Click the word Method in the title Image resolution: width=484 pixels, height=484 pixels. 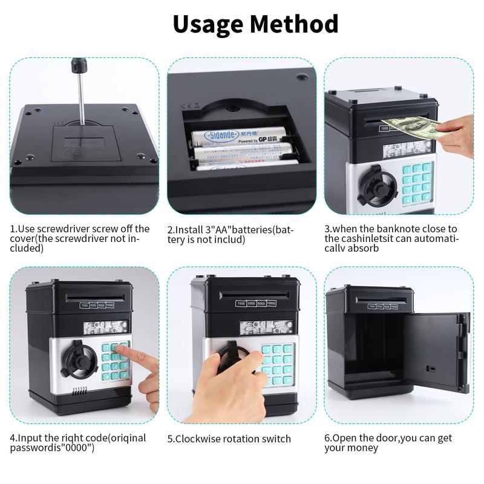point(295,24)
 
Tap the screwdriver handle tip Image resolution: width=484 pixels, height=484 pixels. point(78,62)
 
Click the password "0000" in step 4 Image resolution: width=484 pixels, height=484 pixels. point(76,448)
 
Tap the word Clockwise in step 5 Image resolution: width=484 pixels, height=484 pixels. point(199,439)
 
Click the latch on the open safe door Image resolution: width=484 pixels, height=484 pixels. point(431,368)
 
